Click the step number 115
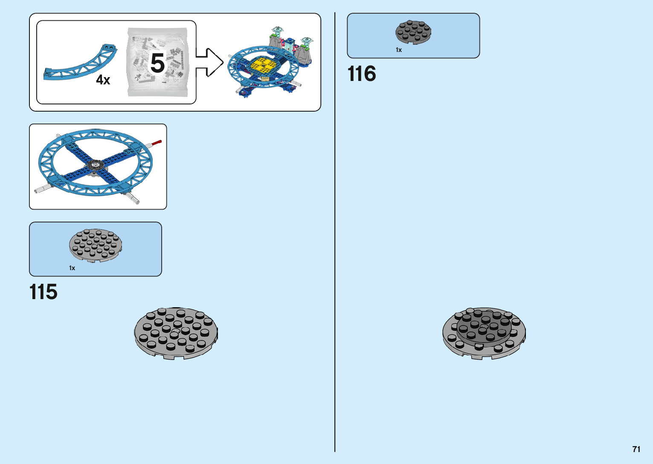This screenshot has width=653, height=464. click(43, 292)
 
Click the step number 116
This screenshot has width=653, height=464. click(362, 74)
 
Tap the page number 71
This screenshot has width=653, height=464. click(636, 449)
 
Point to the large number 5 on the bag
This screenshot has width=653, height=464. click(157, 63)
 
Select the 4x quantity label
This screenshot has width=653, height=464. click(103, 80)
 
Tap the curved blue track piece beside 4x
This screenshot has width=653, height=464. click(81, 64)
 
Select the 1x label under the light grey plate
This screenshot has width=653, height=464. click(72, 268)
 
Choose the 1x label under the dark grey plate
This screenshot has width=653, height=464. click(399, 50)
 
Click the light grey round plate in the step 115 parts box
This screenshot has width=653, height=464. click(96, 245)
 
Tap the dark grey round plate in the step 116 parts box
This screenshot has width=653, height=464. click(413, 32)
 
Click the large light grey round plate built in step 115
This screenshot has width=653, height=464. click(176, 333)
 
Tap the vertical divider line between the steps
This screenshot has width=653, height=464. click(335, 256)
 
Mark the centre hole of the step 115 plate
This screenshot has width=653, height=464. click(176, 331)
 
